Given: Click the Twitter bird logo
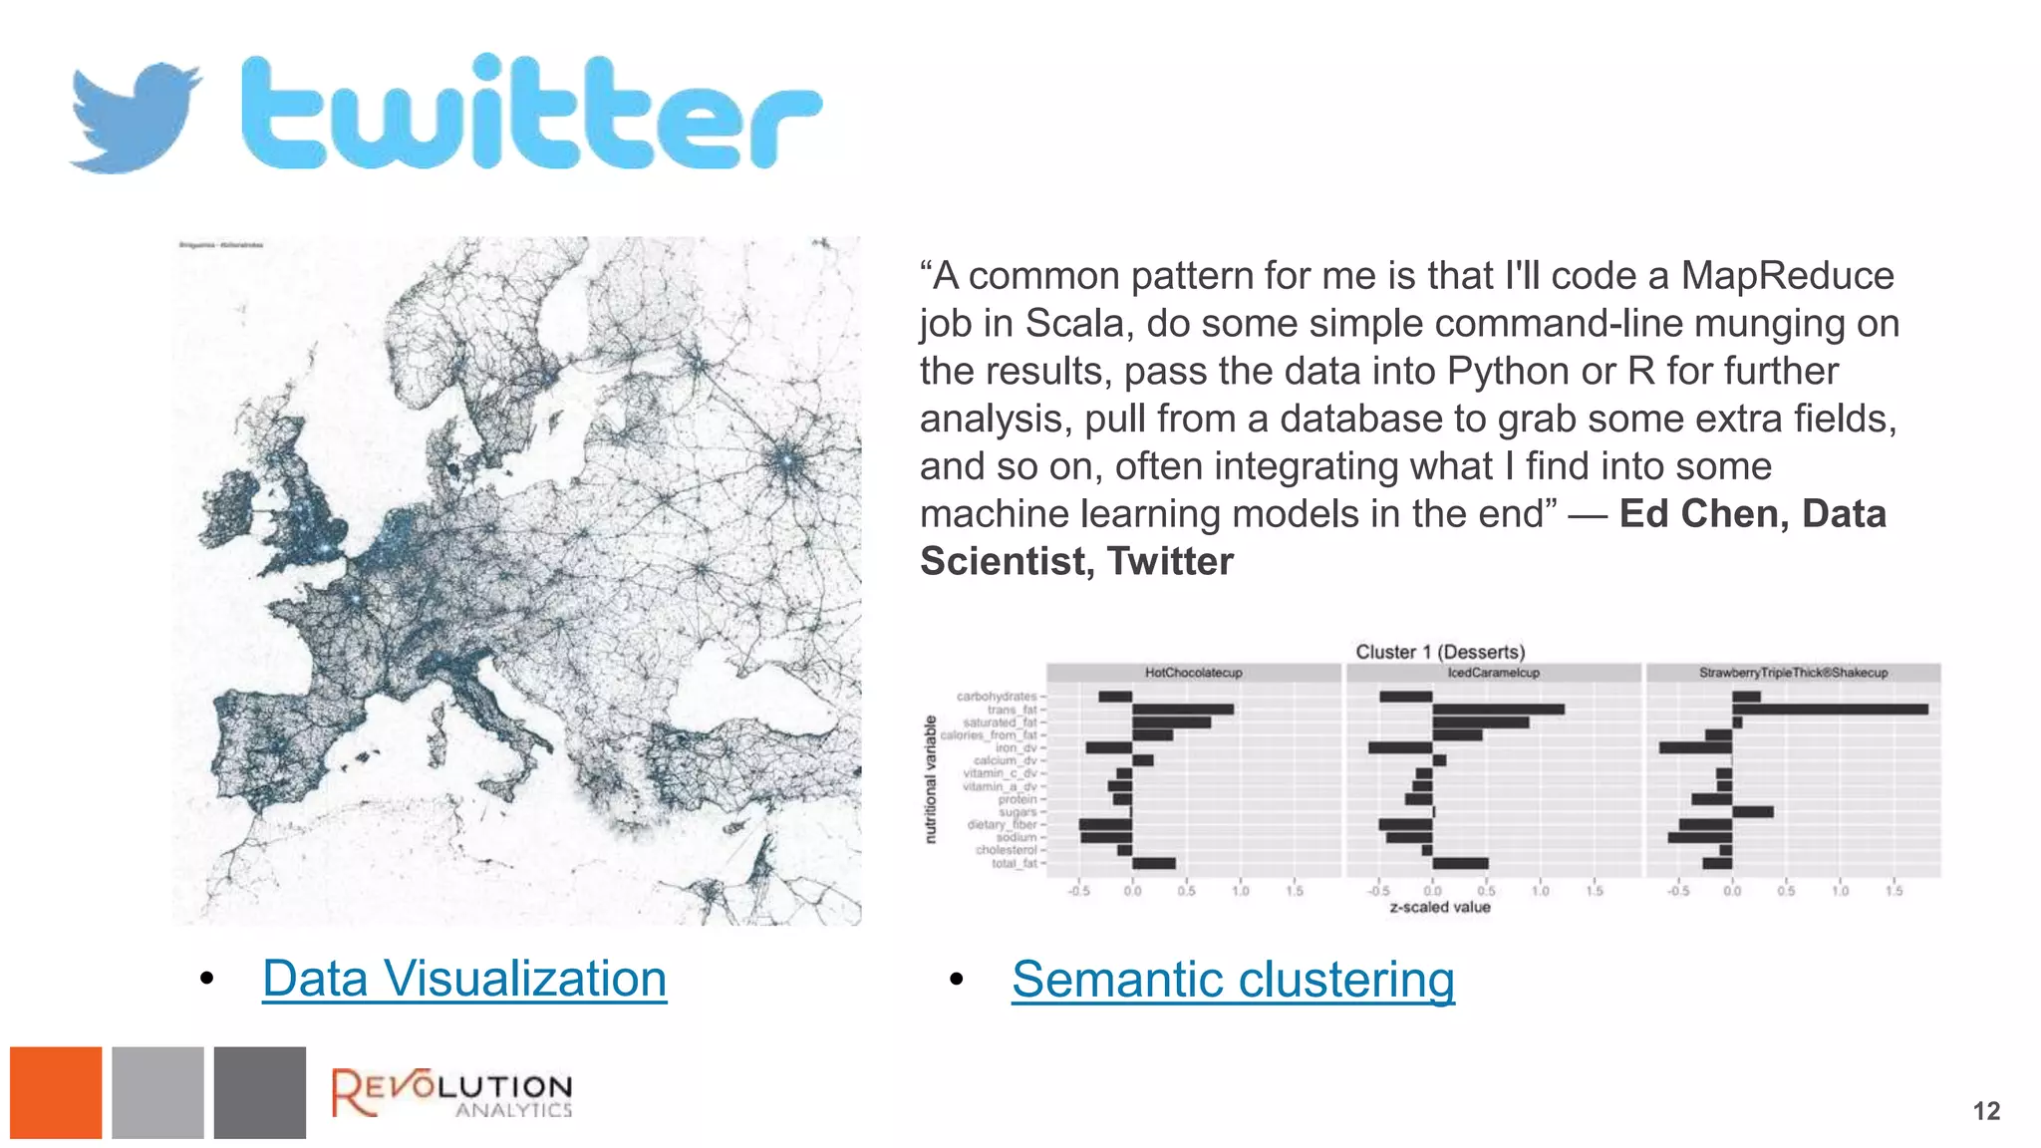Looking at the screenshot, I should (135, 118).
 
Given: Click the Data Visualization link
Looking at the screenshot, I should (464, 979).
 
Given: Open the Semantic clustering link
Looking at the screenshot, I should (1233, 980).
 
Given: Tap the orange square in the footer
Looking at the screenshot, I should (56, 1092).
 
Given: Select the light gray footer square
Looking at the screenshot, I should (157, 1092).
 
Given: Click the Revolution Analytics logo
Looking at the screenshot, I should (451, 1093).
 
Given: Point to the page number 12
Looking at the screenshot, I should (1986, 1111).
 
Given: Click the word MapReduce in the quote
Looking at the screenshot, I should (1787, 276).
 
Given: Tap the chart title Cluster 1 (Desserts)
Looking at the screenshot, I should (1440, 652).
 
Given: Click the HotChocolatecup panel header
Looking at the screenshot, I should (1193, 673).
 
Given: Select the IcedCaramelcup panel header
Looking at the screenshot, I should (1493, 673).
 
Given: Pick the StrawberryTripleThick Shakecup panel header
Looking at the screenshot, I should (1793, 673).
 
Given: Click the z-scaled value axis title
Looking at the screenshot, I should (1440, 907).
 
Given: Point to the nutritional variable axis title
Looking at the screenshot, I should (931, 779).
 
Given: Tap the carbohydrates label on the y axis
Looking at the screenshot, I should (997, 697).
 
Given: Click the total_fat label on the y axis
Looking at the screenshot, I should (1015, 863).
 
